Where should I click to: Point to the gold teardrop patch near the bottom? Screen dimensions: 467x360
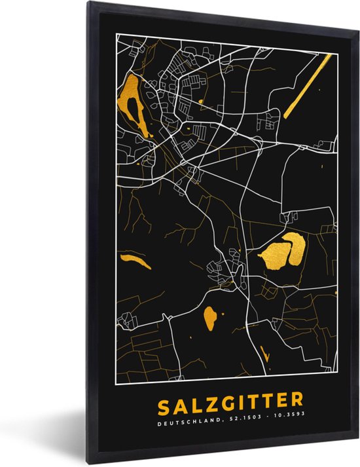coord(210,318)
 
